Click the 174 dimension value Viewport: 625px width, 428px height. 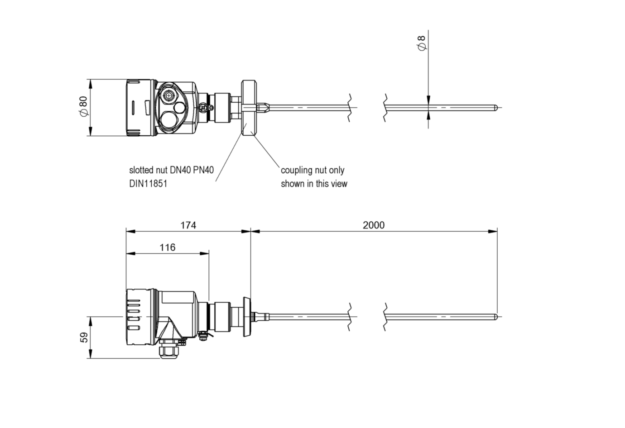click(x=188, y=225)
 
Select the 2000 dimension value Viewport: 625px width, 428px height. click(x=373, y=225)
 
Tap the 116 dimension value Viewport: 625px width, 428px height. click(x=168, y=247)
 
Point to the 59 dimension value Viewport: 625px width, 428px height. click(x=84, y=338)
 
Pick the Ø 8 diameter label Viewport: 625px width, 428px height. click(x=422, y=43)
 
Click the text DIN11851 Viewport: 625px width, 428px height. click(x=148, y=184)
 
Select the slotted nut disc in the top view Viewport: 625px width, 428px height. click(x=249, y=108)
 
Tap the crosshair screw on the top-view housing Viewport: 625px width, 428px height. click(x=168, y=95)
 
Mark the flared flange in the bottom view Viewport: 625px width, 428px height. click(x=247, y=317)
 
